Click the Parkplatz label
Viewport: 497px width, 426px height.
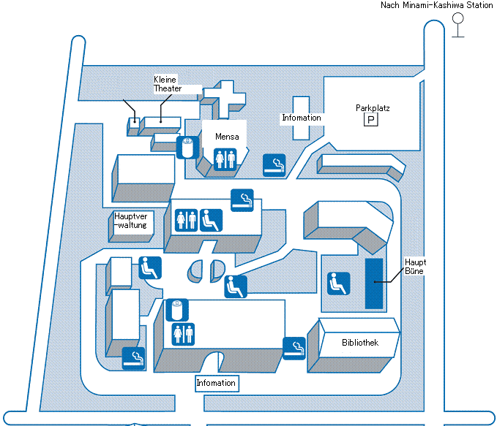point(373,108)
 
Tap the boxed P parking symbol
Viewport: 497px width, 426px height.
point(371,119)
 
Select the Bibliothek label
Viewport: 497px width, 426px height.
point(360,343)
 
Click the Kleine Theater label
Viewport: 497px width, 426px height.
point(167,83)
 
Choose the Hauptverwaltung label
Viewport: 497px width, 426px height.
point(131,221)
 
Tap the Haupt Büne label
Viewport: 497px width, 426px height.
point(415,266)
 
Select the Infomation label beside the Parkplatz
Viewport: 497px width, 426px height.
point(302,118)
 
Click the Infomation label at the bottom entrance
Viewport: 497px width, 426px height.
point(216,383)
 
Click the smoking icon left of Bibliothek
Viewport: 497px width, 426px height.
point(294,348)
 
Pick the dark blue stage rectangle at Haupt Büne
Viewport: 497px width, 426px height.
point(374,283)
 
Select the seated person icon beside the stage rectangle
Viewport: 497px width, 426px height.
point(338,283)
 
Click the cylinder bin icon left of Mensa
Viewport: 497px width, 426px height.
point(187,147)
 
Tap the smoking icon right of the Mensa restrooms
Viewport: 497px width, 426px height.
point(274,166)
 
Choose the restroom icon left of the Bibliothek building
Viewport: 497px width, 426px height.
point(182,334)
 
